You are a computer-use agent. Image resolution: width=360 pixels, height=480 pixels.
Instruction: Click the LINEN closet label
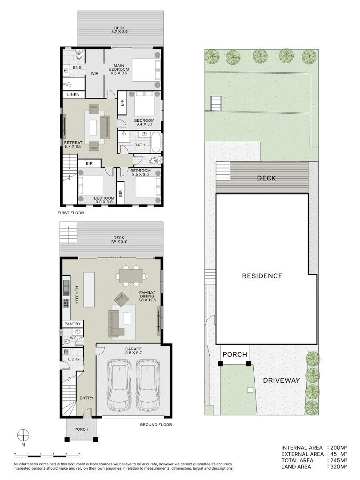pos(73,95)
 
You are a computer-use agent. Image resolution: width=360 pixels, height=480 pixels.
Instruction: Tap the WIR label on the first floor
pos(95,73)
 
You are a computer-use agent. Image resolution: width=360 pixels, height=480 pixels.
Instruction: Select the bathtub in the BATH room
pos(156,142)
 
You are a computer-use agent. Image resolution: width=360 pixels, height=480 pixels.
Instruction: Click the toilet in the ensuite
pos(79,55)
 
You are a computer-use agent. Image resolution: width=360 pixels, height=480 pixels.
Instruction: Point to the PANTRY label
pos(72,324)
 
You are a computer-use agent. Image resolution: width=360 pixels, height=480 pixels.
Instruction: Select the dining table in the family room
pos(131,276)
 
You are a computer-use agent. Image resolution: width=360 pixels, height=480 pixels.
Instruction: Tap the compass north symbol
pos(23,434)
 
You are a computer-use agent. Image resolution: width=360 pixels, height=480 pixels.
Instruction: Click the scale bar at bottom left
pos(47,453)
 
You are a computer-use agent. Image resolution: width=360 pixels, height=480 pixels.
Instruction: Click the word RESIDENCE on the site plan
pos(262,276)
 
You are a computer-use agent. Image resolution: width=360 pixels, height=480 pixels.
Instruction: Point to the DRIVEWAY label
pos(281,380)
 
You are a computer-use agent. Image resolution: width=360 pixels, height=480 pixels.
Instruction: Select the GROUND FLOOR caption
pos(156,424)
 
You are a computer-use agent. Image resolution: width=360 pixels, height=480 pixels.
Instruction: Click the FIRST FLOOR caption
pos(71,213)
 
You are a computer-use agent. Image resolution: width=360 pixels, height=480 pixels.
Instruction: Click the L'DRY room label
pos(74,359)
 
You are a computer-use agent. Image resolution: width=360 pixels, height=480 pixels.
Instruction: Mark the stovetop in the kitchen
pos(66,303)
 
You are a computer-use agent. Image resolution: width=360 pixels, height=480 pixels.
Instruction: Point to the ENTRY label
pos(86,398)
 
